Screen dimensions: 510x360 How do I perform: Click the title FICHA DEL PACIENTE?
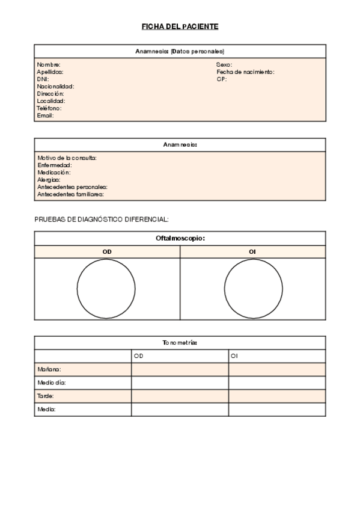tap(180, 26)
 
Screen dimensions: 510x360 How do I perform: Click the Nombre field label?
tap(49, 64)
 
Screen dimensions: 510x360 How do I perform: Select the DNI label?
tap(43, 79)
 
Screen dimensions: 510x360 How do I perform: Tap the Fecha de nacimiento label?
tap(245, 72)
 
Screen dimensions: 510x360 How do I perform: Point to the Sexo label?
tap(224, 64)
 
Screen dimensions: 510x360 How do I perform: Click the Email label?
tap(46, 115)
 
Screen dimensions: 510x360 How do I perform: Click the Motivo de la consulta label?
tap(67, 158)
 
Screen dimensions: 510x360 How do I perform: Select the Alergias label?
tap(49, 179)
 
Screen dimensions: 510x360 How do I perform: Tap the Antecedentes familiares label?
tap(71, 194)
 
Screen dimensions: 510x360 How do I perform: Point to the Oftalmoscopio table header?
tap(180, 238)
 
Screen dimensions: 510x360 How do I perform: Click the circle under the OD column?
tap(106, 289)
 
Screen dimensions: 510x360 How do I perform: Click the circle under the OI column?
tap(253, 289)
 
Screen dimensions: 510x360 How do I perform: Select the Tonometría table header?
tap(180, 342)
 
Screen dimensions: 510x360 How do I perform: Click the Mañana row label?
tap(49, 369)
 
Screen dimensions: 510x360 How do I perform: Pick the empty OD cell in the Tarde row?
tap(180, 396)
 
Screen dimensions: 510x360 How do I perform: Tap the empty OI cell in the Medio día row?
tap(277, 382)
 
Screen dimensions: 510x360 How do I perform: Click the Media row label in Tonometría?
tap(47, 410)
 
